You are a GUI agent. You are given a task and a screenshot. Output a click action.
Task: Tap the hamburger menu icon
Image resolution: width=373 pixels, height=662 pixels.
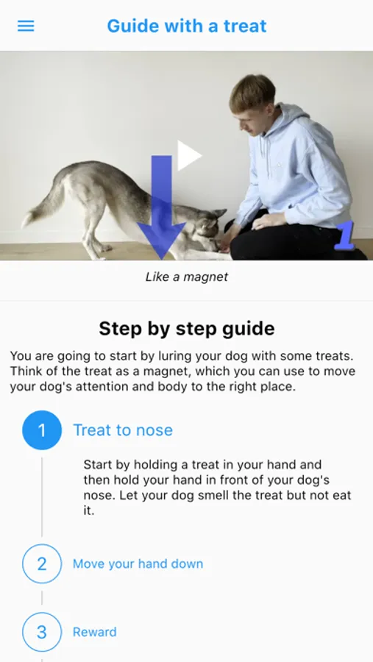[26, 26]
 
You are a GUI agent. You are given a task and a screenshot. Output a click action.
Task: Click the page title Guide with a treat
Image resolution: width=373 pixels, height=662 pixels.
[187, 26]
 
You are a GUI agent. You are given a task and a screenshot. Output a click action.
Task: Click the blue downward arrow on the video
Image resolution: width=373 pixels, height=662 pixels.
[161, 207]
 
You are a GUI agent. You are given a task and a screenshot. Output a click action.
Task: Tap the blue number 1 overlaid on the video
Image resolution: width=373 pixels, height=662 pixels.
[345, 236]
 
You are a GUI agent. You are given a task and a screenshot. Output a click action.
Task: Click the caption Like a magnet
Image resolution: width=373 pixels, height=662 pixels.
[187, 277]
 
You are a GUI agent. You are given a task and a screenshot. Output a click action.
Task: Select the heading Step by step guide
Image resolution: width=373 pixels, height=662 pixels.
[187, 329]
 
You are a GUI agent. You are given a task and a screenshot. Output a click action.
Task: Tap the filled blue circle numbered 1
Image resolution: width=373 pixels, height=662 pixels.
[42, 430]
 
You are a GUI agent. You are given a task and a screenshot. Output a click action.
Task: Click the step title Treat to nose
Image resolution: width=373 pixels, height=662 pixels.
[123, 430]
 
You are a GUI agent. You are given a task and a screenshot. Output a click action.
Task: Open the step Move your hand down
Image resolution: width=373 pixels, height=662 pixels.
[138, 563]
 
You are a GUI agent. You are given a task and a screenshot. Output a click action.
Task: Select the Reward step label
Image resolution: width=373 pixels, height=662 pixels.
[95, 632]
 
